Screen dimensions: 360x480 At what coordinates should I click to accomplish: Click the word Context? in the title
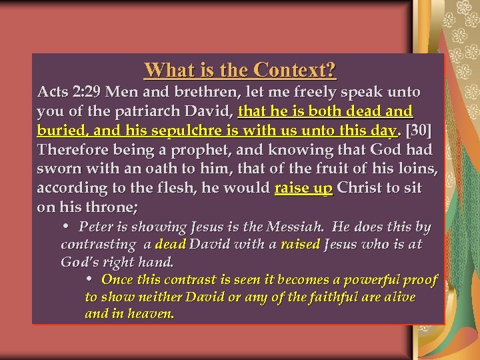coord(295,70)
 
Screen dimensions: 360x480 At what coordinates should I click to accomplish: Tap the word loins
coord(416,169)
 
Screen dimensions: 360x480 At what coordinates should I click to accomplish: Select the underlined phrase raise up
coord(303,188)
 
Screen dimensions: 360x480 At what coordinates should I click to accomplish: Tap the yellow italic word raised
coord(301,245)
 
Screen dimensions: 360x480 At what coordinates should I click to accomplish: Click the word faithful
coord(329,297)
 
